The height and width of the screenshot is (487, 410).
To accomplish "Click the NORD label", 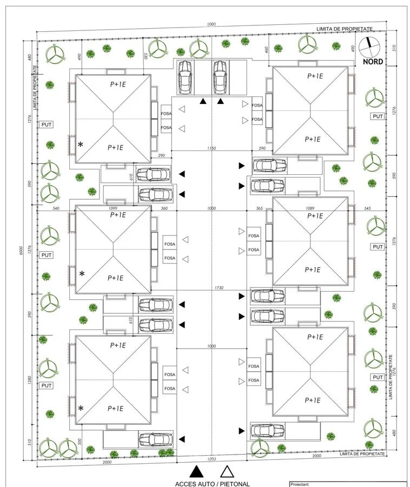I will coord(373,62).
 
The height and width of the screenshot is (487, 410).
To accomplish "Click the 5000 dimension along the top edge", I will coord(211,24).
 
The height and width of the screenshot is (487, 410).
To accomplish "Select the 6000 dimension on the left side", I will coord(19,251).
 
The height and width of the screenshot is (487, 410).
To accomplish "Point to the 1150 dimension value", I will coord(211,148).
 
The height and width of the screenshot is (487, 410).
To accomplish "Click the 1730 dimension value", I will coord(211,287).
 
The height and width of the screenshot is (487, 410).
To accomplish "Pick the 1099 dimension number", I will coord(113,208).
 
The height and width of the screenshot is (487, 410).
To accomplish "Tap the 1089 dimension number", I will coord(310,208).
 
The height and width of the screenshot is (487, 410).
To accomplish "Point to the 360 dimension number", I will coord(164,208).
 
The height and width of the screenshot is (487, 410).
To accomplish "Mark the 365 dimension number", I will coord(259,208).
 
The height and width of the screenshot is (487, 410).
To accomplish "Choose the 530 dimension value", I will coord(146,56).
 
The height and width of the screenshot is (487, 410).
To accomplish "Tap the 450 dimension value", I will coord(266,50).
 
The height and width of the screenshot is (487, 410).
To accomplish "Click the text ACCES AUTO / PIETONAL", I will coord(213,484).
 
